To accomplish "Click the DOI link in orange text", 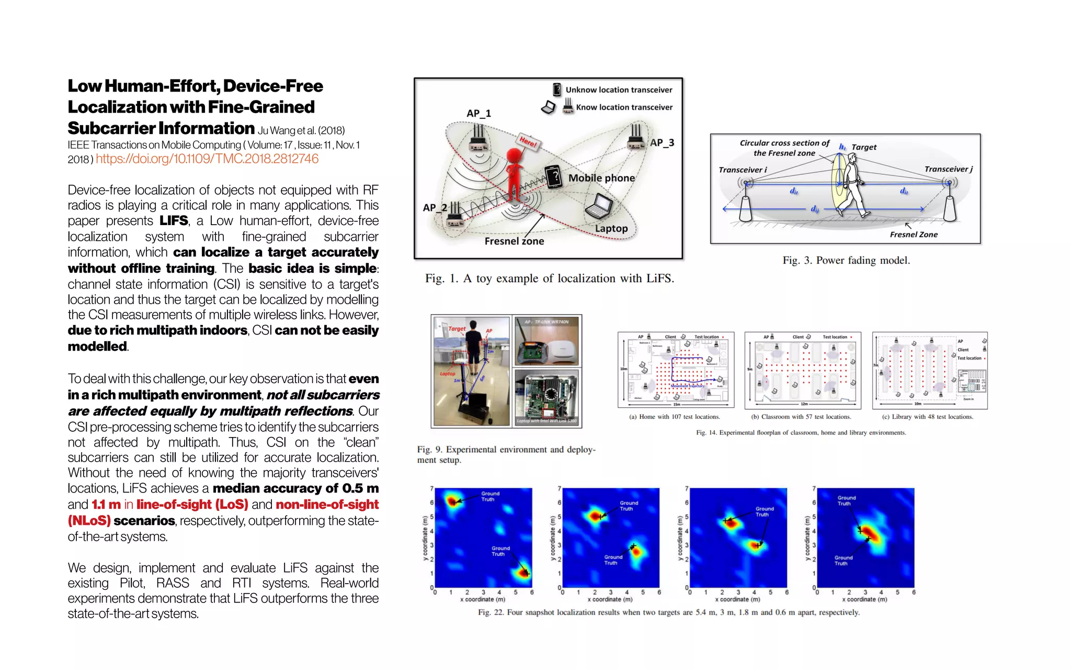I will [x=207, y=159].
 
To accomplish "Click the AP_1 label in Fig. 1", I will [x=478, y=114].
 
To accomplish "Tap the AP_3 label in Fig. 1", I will [x=662, y=143].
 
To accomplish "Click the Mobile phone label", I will [x=601, y=178].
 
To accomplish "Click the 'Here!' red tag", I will [x=528, y=141].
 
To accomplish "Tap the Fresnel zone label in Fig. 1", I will [x=514, y=241].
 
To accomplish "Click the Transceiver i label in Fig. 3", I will [x=743, y=170].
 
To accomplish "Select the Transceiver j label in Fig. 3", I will [x=948, y=169].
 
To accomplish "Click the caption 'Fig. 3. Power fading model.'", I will [x=846, y=261].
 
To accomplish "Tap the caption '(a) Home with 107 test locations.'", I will [x=674, y=417].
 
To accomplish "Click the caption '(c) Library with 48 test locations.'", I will [x=927, y=417].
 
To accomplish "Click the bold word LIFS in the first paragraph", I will [x=174, y=221].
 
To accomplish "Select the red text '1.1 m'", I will [x=106, y=505].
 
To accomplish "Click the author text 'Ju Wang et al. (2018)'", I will [x=301, y=130].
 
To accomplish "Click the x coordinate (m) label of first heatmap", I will [x=482, y=600].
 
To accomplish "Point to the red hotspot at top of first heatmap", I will [x=452, y=501].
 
